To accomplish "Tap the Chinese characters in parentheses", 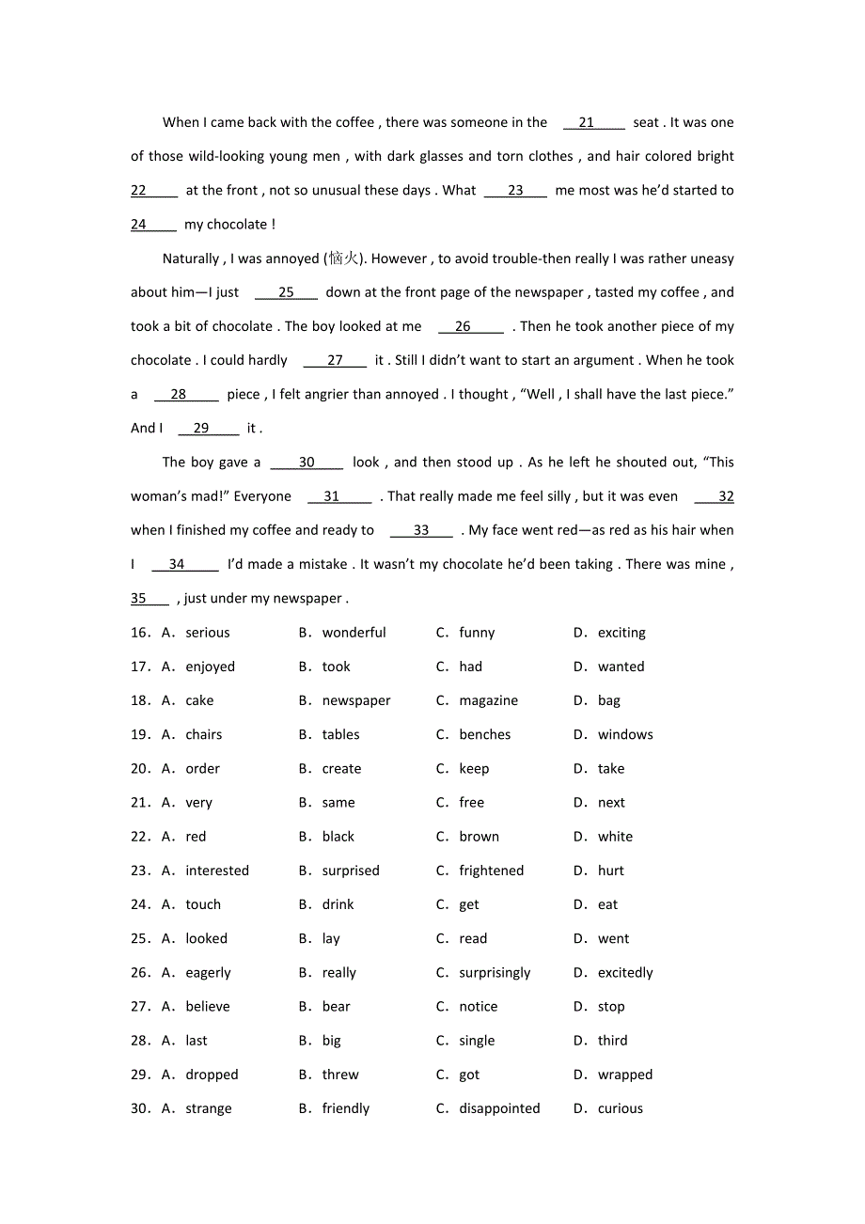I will pyautogui.click(x=343, y=259).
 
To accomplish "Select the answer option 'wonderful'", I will pyautogui.click(x=354, y=633).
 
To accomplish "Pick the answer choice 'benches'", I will pyautogui.click(x=484, y=735).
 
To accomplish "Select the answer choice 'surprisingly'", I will pyautogui.click(x=495, y=973).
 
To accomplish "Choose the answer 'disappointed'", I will pyautogui.click(x=499, y=1109).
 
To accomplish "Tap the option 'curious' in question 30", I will pyautogui.click(x=620, y=1109).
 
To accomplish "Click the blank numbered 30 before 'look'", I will pyautogui.click(x=307, y=463).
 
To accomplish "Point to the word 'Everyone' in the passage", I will pyautogui.click(x=262, y=496).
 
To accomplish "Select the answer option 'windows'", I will pyautogui.click(x=625, y=735).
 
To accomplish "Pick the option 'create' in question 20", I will pyautogui.click(x=341, y=769).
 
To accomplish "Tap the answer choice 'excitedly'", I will pyautogui.click(x=625, y=973).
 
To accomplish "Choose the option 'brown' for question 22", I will pyautogui.click(x=479, y=837).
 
